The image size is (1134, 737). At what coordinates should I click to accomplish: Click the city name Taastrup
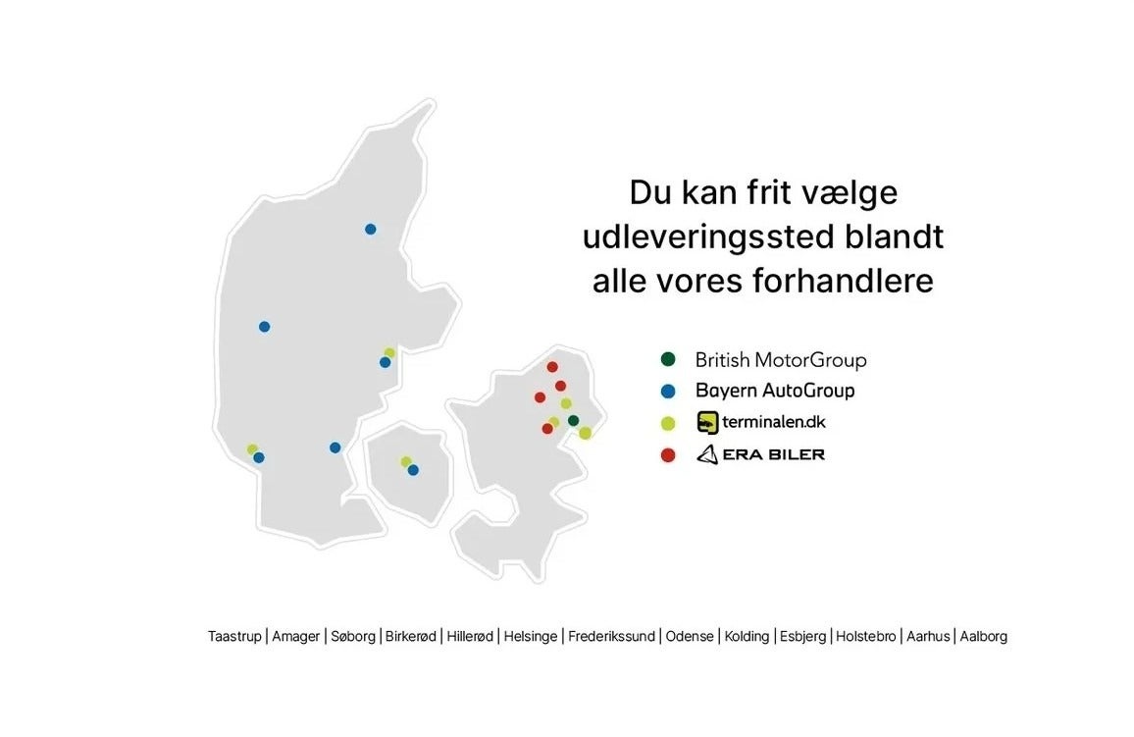pyautogui.click(x=234, y=637)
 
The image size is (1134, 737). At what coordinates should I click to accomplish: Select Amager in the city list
pyautogui.click(x=296, y=637)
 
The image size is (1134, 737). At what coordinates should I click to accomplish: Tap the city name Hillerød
pyautogui.click(x=470, y=637)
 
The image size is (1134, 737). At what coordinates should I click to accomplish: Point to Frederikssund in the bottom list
pyautogui.click(x=611, y=637)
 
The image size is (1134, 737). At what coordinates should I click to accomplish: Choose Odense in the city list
pyautogui.click(x=690, y=637)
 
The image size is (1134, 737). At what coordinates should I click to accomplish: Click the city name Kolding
pyautogui.click(x=747, y=637)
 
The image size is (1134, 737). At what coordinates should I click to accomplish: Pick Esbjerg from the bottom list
pyautogui.click(x=802, y=637)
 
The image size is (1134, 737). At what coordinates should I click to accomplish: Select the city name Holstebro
pyautogui.click(x=865, y=637)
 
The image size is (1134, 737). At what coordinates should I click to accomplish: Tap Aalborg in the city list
pyautogui.click(x=984, y=637)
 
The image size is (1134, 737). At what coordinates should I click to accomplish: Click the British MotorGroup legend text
pyautogui.click(x=780, y=359)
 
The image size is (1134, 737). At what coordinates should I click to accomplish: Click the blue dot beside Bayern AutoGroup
pyautogui.click(x=668, y=392)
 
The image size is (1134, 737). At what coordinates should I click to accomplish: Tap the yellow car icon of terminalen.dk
pyautogui.click(x=707, y=422)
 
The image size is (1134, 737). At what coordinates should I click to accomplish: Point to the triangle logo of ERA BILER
pyautogui.click(x=707, y=454)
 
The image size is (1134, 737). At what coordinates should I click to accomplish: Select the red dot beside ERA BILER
pyautogui.click(x=668, y=455)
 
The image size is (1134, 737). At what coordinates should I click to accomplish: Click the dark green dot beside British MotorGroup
pyautogui.click(x=668, y=359)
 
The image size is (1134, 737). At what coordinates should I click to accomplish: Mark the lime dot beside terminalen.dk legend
pyautogui.click(x=668, y=423)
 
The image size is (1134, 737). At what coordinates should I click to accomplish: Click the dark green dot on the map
pyautogui.click(x=574, y=421)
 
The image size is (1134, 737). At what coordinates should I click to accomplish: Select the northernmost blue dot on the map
pyautogui.click(x=370, y=230)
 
